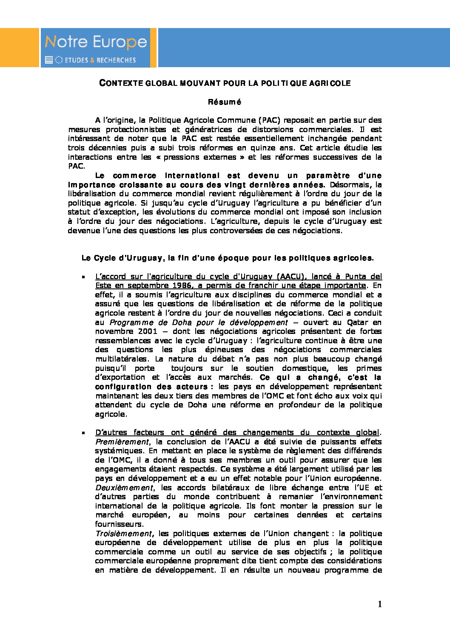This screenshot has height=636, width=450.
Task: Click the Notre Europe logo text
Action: click(96, 42)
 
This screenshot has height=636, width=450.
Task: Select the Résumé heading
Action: click(225, 102)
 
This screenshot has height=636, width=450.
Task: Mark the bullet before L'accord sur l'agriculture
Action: click(83, 277)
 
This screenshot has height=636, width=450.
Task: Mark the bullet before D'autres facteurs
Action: click(83, 433)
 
